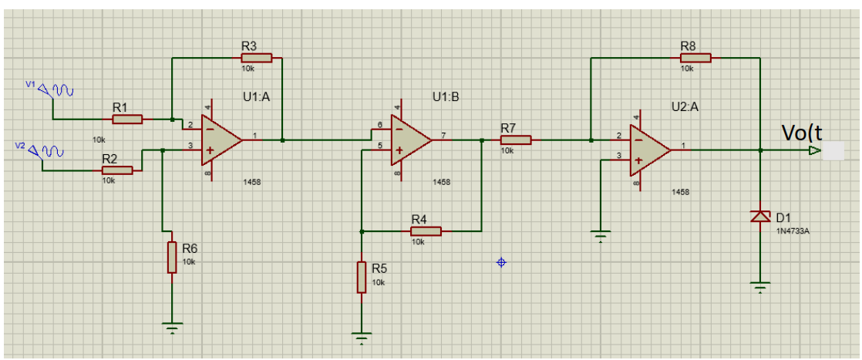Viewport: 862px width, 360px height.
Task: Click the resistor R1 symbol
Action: [x=127, y=119]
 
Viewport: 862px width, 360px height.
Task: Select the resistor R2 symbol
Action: [x=117, y=170]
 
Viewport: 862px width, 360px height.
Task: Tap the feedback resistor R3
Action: [x=257, y=57]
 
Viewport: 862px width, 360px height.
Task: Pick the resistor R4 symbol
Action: [x=426, y=230]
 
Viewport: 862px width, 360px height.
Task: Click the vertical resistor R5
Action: [x=361, y=277]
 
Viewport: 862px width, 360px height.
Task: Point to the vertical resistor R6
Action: [x=171, y=257]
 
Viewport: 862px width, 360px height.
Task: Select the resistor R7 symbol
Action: [x=516, y=140]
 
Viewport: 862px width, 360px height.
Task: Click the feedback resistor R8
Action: [x=695, y=57]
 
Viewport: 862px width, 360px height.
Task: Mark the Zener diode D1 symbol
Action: [x=760, y=217]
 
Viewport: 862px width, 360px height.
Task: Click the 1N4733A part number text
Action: [x=793, y=230]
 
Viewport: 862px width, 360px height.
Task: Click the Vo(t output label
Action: [x=802, y=133]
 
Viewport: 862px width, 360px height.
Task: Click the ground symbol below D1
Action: [x=760, y=288]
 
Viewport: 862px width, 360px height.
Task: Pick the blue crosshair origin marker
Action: [x=501, y=263]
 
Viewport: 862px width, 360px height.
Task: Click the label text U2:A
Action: [x=685, y=106]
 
